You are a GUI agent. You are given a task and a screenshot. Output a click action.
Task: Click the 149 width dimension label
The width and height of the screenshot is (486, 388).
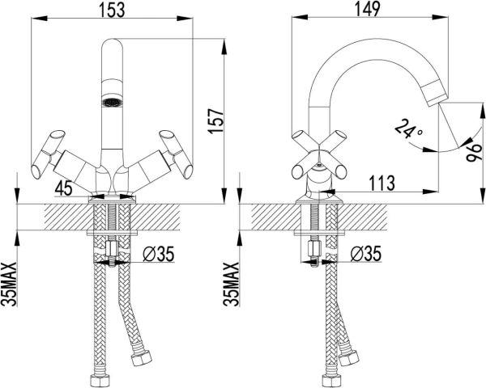(367, 9)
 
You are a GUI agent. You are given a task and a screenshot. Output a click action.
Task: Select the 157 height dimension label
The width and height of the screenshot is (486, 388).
(216, 121)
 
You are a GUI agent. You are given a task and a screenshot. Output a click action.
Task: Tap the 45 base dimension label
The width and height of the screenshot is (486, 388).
(63, 188)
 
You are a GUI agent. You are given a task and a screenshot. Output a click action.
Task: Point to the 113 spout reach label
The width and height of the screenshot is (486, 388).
(382, 183)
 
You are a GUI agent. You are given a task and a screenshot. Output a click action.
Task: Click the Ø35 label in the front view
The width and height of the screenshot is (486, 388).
(159, 254)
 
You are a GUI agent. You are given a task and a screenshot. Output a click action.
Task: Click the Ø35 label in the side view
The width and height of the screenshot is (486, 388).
(366, 254)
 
